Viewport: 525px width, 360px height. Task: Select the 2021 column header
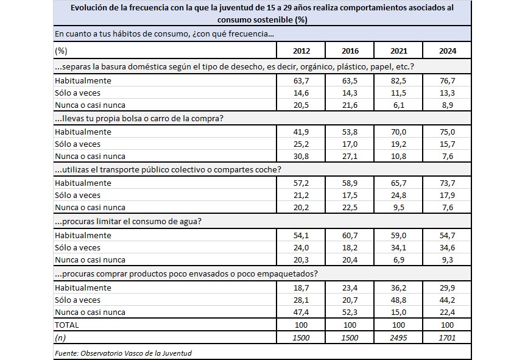click(x=398, y=51)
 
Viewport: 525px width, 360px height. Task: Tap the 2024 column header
click(x=446, y=51)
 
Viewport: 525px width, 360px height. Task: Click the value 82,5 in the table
click(x=398, y=80)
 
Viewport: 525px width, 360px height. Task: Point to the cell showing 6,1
click(x=398, y=106)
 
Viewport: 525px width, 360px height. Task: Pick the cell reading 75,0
click(x=446, y=132)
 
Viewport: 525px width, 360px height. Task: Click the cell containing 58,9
click(x=350, y=183)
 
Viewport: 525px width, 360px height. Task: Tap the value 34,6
click(x=446, y=247)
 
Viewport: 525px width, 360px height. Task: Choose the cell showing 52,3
click(x=350, y=312)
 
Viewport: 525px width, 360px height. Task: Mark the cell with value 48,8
click(x=398, y=299)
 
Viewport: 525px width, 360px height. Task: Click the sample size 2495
click(x=398, y=337)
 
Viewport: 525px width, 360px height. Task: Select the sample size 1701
click(x=446, y=337)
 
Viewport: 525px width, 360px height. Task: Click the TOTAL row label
click(x=66, y=325)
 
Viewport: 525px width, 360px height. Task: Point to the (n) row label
click(x=60, y=337)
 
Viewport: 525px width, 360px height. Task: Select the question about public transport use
click(x=167, y=169)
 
